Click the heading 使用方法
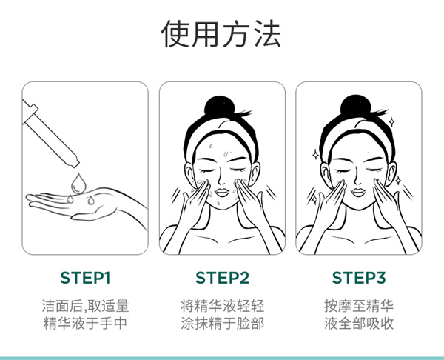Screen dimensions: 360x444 222,35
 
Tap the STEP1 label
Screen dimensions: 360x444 85,279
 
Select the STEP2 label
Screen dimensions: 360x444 222,279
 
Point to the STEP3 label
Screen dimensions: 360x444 359,279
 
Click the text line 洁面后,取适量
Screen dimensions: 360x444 85,305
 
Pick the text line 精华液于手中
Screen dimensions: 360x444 85,324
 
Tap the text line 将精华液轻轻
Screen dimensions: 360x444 222,305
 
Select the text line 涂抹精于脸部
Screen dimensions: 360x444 222,324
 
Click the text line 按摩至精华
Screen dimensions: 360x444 359,305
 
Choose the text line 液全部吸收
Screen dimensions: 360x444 359,324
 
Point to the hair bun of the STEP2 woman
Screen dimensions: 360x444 221,105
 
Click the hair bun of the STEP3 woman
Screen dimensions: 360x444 358,105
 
